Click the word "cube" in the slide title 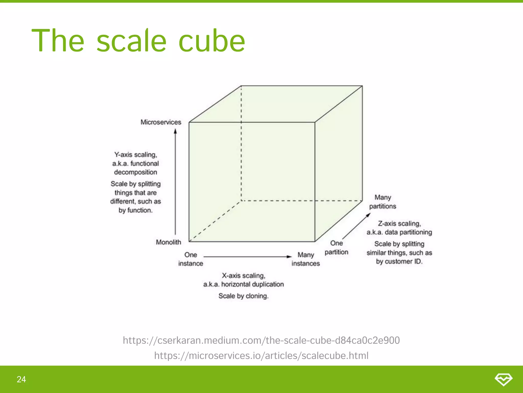pyautogui.click(x=212, y=41)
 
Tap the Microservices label pyautogui.click(x=161, y=122)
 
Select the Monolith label pyautogui.click(x=168, y=242)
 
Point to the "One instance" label pyautogui.click(x=191, y=259)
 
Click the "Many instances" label pyautogui.click(x=306, y=259)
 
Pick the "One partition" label pyautogui.click(x=336, y=247)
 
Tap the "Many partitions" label pyautogui.click(x=383, y=202)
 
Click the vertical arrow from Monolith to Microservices pyautogui.click(x=175, y=182)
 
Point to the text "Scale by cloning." pyautogui.click(x=243, y=296)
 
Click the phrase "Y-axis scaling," pyautogui.click(x=136, y=155)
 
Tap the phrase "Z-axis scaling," pyautogui.click(x=399, y=224)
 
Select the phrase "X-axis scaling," pyautogui.click(x=243, y=276)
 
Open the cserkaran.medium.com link pyautogui.click(x=261, y=340)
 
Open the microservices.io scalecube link pyautogui.click(x=261, y=356)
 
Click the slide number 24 pyautogui.click(x=21, y=379)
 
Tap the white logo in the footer pyautogui.click(x=503, y=379)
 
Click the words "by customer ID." pyautogui.click(x=399, y=261)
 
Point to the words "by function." pyautogui.click(x=135, y=210)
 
